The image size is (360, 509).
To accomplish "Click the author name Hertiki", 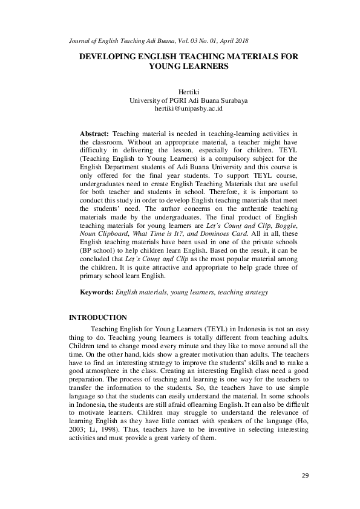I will [x=180, y=92].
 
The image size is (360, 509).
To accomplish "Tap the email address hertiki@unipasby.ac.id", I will [x=180, y=109].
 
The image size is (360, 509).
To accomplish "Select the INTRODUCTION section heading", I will [x=98, y=317].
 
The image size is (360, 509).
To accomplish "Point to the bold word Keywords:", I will [x=97, y=292].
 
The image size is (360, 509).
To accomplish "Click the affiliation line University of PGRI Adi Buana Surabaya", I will [x=180, y=100].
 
